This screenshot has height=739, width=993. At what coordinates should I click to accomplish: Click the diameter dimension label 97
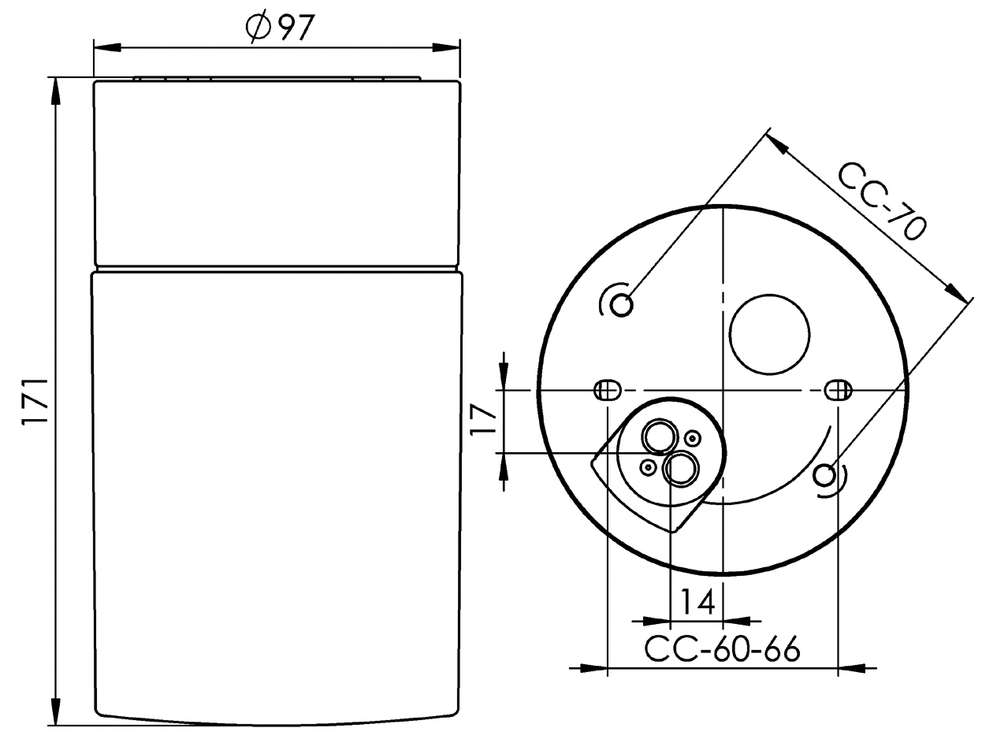coord(297,27)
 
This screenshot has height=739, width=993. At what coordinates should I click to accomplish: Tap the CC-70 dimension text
coord(880,202)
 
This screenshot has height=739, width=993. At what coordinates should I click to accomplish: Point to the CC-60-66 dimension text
coord(722,648)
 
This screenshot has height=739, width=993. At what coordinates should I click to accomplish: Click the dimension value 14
coord(697,601)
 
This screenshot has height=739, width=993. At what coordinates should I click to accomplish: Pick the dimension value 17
coord(484,419)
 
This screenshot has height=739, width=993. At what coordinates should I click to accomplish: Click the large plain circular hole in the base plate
coord(770,334)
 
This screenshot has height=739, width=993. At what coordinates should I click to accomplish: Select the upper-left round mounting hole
coord(621,305)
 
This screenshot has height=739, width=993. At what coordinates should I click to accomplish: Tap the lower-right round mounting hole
coord(824,475)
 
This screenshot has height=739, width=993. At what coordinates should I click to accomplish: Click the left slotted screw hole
coord(607,390)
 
